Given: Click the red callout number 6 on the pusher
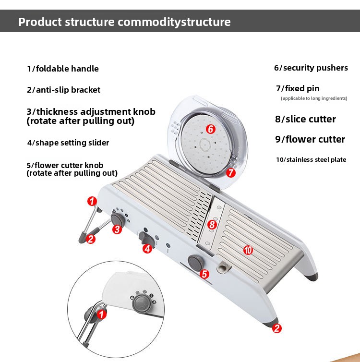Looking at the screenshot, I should [210, 129].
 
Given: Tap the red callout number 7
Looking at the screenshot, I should [231, 173].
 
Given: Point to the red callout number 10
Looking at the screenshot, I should [248, 250].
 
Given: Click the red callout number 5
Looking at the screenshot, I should [204, 274].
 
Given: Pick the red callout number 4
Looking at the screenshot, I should [147, 248].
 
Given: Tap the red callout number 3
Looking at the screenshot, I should [117, 229].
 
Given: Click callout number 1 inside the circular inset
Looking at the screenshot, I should [102, 314].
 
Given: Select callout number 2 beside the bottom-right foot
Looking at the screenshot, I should [276, 328].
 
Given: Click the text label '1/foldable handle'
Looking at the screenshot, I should [63, 69].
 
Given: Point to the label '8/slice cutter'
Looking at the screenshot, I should [305, 119].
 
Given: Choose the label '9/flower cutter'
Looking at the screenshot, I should [310, 139].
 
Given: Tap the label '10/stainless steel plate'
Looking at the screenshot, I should [311, 159].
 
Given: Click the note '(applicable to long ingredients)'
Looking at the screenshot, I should [314, 98].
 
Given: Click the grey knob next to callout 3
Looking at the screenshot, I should [117, 219].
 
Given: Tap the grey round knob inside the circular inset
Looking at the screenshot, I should [141, 303].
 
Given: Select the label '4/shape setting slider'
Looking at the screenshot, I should [68, 143].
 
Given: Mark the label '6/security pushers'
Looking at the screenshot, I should [311, 68].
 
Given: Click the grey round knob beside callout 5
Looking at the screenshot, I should [194, 263].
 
